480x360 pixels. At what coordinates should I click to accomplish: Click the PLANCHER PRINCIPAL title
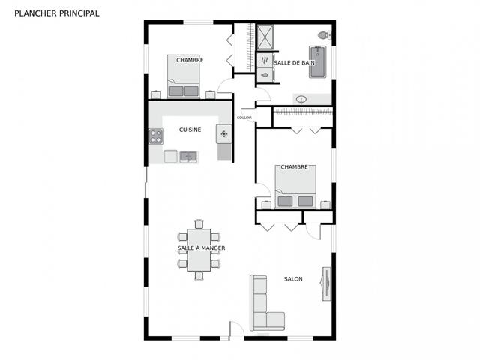57,13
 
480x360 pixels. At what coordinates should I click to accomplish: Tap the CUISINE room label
190,130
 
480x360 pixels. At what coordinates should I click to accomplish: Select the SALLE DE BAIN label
294,63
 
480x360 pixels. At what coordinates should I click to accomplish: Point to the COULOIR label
244,118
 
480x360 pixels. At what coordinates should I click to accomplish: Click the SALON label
293,279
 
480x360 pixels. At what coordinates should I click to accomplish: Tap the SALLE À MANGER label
201,248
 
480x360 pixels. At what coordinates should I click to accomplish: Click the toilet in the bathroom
325,35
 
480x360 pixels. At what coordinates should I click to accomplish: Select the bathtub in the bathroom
317,61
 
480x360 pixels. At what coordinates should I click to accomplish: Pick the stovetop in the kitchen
156,136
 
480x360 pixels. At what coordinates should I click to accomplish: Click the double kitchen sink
188,157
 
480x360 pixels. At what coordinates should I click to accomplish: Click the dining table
199,250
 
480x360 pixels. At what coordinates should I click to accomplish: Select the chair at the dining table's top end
199,224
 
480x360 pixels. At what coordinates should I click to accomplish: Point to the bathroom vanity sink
301,100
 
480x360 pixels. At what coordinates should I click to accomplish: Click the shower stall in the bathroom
265,37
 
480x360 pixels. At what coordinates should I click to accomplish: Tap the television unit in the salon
326,283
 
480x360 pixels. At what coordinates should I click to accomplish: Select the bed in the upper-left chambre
183,76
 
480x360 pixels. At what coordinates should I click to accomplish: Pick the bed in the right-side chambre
295,187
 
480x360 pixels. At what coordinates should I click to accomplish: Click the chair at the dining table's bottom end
199,276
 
